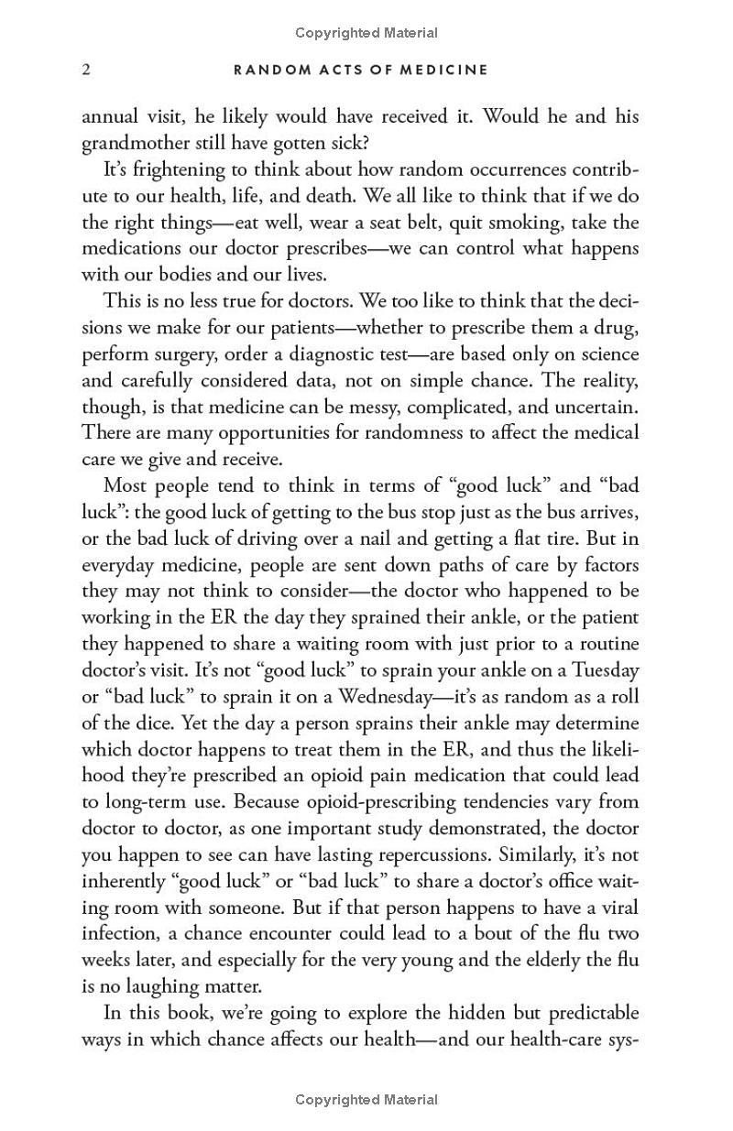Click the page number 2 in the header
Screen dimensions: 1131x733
pos(86,70)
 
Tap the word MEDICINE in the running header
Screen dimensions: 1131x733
pos(445,70)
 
